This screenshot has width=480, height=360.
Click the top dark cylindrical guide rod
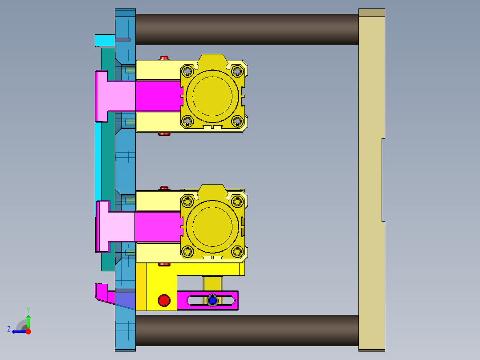(247, 29)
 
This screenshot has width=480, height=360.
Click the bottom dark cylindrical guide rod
(247, 330)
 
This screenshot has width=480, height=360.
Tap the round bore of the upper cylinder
(212, 96)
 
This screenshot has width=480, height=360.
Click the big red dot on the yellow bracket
(164, 300)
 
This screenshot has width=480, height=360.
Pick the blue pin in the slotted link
(212, 301)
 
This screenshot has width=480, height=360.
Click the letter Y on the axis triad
(28, 309)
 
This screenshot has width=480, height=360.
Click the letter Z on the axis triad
(9, 329)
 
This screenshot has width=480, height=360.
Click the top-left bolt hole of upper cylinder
(187, 71)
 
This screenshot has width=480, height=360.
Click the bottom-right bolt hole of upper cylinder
(237, 121)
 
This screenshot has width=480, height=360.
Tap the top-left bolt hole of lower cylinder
(187, 201)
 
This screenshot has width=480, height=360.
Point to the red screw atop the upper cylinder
(164, 57)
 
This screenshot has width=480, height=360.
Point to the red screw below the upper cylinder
(164, 134)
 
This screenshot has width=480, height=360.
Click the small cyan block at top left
(105, 40)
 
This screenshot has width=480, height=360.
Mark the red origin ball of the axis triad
(28, 331)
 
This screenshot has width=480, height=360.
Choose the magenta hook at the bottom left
(102, 293)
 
